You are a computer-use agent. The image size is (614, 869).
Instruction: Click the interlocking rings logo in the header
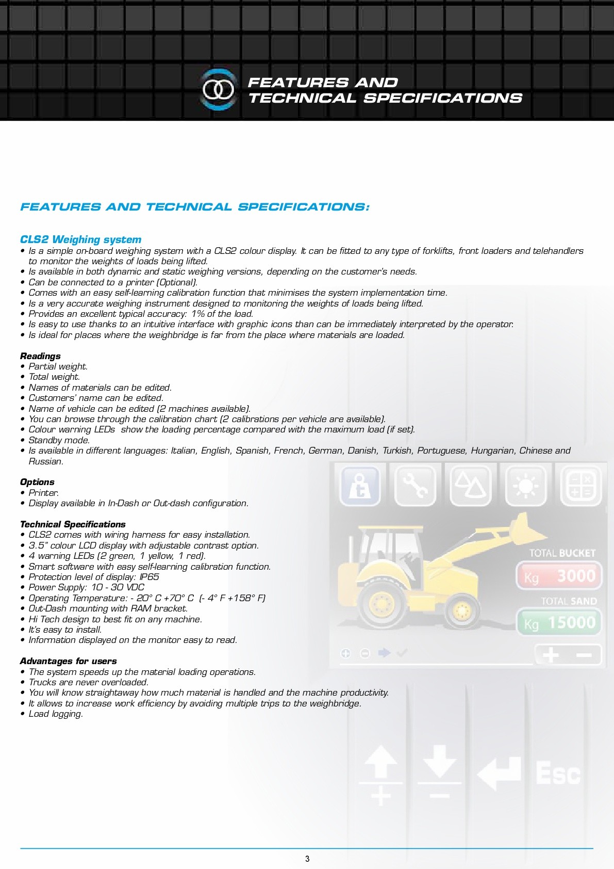[218, 90]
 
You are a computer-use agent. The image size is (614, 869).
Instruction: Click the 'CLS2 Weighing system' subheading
[80, 239]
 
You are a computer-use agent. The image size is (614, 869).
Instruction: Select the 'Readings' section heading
[40, 356]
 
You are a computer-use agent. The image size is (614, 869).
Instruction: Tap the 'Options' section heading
[37, 482]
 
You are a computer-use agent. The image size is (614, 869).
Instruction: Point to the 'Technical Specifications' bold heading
[73, 524]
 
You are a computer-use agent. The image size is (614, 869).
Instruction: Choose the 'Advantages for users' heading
[68, 661]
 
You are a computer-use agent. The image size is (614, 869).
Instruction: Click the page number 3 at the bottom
[307, 859]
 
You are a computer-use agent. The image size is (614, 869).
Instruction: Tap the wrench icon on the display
[416, 485]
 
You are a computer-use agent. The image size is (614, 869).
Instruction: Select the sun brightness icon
[525, 485]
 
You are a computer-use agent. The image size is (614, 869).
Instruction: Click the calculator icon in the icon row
[580, 485]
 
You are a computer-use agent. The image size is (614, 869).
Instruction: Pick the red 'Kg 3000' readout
[559, 576]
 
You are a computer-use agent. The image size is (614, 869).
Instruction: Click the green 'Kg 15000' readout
[559, 623]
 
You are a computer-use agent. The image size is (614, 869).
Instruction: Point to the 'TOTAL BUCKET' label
[562, 553]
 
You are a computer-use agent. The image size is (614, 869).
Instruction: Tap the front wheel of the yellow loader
[462, 610]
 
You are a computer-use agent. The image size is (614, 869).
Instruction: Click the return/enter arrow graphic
[499, 773]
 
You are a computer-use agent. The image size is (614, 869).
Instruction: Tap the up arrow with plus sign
[380, 774]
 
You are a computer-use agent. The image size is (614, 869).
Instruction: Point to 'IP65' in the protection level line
[150, 577]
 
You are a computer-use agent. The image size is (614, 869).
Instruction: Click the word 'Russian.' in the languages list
[46, 461]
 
